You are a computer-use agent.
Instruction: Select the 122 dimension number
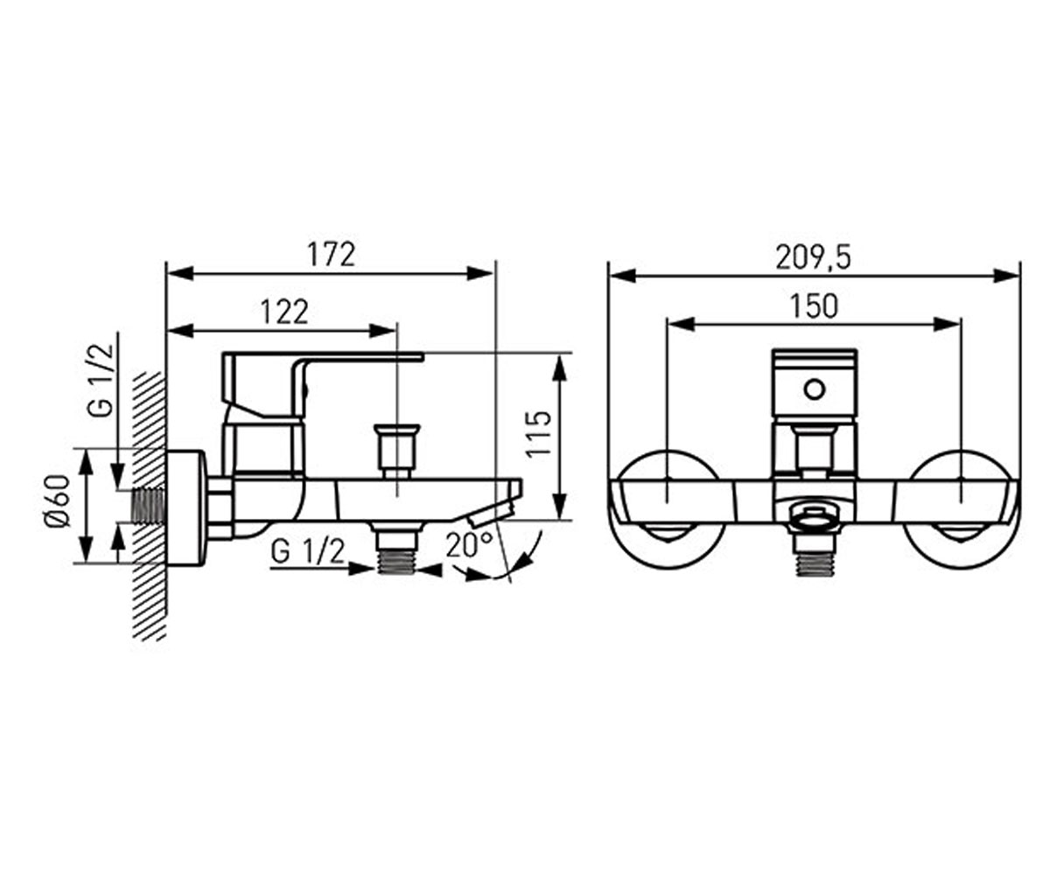coord(284,311)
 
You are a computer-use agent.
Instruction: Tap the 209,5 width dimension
coord(813,258)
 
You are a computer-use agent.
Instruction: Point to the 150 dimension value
coord(815,306)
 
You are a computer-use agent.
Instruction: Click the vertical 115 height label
coord(538,433)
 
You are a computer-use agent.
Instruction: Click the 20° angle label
coord(469,544)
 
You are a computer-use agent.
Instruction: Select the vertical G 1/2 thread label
coord(100,381)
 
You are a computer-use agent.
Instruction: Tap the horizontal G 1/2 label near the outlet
coord(308,552)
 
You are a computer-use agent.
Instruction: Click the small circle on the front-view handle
coord(815,389)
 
